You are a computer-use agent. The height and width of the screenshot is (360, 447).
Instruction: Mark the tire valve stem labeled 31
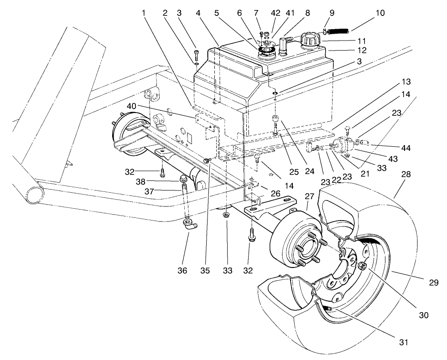click(x=329, y=309)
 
